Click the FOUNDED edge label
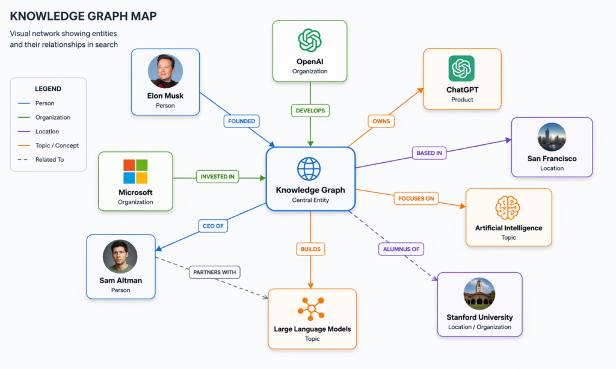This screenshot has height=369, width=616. (241, 121)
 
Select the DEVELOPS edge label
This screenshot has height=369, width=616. (310, 111)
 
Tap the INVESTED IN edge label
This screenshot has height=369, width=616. (217, 177)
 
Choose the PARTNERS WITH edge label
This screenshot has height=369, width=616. (214, 272)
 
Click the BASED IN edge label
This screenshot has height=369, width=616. (430, 153)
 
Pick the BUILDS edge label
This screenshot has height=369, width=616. (310, 248)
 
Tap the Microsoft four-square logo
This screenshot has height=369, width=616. (135, 171)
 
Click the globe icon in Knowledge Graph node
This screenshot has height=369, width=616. (309, 169)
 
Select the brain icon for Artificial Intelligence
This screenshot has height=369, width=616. (508, 208)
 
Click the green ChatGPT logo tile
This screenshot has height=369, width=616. (461, 69)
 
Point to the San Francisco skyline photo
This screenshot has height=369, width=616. (552, 137)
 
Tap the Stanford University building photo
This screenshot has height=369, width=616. (479, 294)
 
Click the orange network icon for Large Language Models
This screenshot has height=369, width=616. (312, 309)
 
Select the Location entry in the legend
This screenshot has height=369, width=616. (47, 132)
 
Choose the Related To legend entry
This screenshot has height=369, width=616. (49, 160)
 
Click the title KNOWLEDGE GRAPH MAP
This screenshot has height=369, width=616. (84, 16)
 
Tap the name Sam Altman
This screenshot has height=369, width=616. (120, 280)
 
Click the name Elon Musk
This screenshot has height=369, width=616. (165, 96)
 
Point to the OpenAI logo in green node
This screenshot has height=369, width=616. (310, 41)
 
